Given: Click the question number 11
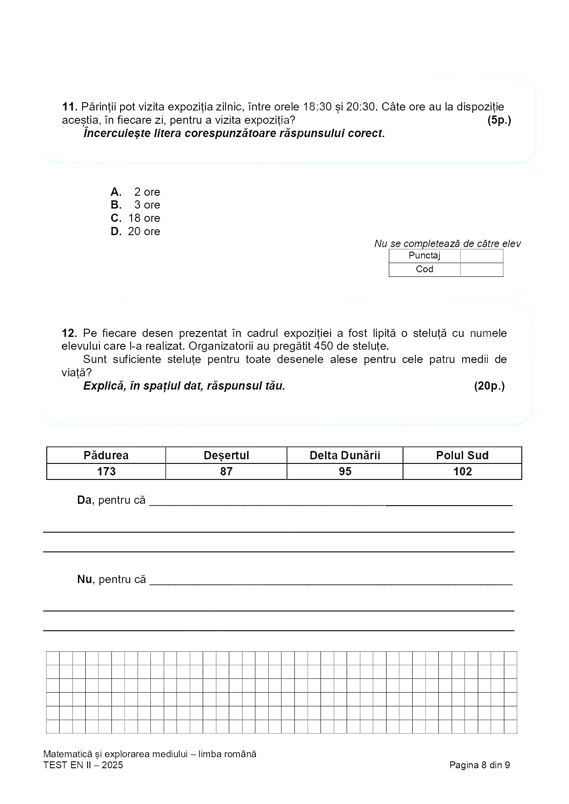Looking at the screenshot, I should [x=69, y=107].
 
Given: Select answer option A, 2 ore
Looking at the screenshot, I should [x=135, y=192].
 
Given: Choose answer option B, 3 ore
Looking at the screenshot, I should [x=135, y=205].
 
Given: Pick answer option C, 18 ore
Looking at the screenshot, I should [x=135, y=218].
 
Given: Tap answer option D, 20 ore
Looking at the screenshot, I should [x=135, y=231].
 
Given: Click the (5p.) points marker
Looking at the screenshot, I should [x=498, y=121].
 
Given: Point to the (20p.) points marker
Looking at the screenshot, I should [x=489, y=386].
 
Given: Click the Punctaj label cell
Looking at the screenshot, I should [x=424, y=256].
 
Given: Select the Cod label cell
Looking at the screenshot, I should [x=424, y=269].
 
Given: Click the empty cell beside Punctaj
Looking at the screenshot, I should [x=481, y=256].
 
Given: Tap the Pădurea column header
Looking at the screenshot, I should [x=106, y=455].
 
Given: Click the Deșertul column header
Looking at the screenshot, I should [x=226, y=455].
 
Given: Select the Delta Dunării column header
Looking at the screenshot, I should [x=345, y=455].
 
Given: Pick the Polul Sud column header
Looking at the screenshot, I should [x=462, y=455].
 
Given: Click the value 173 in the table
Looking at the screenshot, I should [x=106, y=472].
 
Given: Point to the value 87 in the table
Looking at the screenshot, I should [x=226, y=472].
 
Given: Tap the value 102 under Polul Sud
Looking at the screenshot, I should [x=462, y=472].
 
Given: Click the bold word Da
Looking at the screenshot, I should [x=84, y=500].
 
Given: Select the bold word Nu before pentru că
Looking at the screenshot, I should [x=84, y=579].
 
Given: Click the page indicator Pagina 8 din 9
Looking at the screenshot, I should [x=480, y=765].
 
